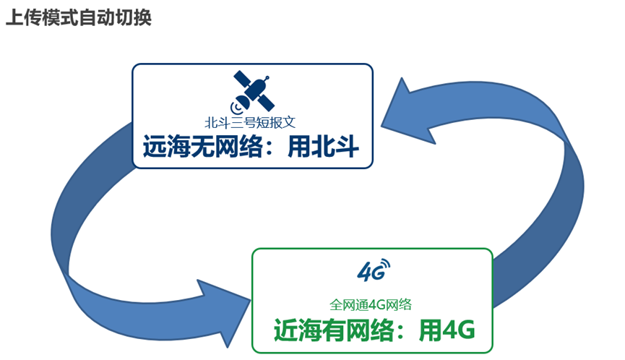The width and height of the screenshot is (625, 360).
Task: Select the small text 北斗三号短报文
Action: point(251,123)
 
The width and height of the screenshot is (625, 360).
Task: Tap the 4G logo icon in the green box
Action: point(374,270)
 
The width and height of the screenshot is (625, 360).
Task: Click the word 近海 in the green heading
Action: point(294,330)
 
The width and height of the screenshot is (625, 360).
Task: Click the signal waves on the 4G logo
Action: point(384,265)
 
